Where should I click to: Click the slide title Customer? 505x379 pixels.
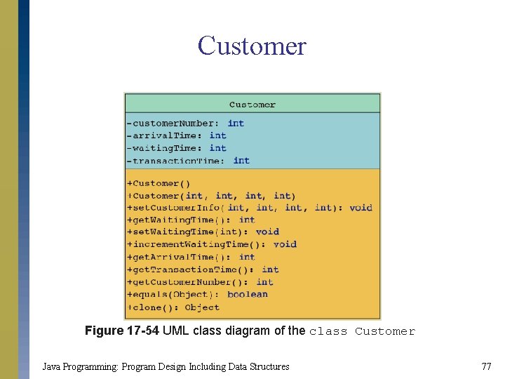pos(252,46)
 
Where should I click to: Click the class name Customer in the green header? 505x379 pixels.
pos(252,105)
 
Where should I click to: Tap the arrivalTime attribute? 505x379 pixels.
pos(176,135)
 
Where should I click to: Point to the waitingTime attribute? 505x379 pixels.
pos(176,148)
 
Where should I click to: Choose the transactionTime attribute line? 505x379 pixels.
pos(187,161)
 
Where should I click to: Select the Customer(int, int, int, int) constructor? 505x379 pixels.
pos(211,196)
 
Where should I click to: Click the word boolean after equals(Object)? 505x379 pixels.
pos(248,295)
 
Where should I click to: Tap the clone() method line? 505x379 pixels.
pos(173,307)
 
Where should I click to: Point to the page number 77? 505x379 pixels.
pos(486,366)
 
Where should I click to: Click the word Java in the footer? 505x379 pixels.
pos(51,366)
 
